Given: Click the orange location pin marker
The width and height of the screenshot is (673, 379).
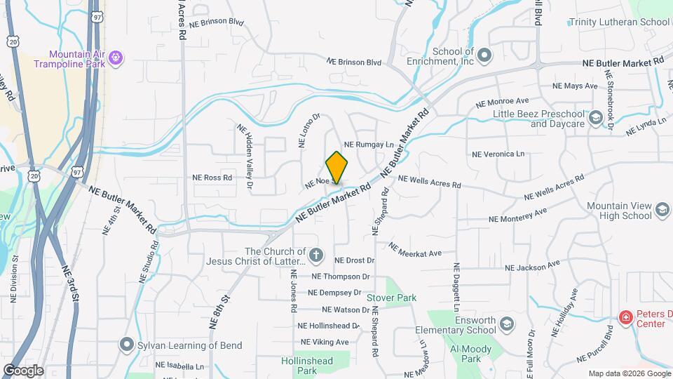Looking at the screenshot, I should click(337, 168).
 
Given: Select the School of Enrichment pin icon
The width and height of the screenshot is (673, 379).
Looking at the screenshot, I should click(484, 54).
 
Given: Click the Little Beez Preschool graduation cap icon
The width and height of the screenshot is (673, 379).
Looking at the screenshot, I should click(596, 117).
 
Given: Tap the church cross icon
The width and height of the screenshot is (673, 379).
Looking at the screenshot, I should click(316, 255).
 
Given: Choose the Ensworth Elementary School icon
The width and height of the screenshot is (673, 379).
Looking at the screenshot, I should click(507, 324).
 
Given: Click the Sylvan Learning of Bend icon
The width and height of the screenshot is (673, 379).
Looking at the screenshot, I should click(126, 345).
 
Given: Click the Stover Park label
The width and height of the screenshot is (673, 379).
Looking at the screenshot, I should click(392, 298).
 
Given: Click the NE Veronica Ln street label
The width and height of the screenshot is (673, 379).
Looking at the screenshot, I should click(498, 154).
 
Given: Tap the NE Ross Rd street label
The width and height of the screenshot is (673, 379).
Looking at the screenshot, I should click(212, 178).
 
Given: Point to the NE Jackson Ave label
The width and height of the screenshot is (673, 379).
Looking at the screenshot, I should click(533, 266).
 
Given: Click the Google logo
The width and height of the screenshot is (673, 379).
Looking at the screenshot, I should click(23, 370).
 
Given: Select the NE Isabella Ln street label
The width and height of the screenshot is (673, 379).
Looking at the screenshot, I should click(179, 366).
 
